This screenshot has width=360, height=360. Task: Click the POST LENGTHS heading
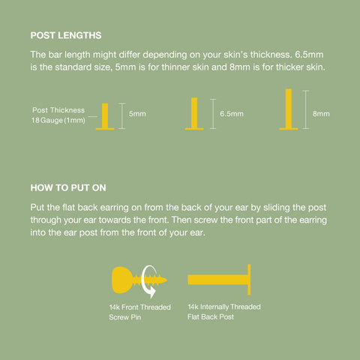tap(66, 35)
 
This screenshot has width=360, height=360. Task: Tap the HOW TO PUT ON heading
tap(68, 188)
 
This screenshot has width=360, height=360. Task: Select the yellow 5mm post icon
tap(105, 116)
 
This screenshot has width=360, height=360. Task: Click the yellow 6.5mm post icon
tap(194, 113)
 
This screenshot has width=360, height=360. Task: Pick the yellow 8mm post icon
tap(289, 109)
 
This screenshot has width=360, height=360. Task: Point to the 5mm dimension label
tap(137, 114)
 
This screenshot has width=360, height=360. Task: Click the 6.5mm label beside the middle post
tap(232, 114)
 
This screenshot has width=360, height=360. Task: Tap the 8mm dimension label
tap(321, 114)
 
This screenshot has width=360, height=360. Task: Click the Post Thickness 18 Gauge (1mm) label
tap(58, 115)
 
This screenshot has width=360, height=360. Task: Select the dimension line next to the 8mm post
tap(306, 109)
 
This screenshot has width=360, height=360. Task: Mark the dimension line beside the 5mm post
tap(121, 116)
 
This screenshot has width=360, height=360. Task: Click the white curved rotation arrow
tap(148, 281)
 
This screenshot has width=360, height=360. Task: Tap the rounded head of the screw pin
tap(122, 280)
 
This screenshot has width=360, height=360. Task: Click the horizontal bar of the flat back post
tap(217, 280)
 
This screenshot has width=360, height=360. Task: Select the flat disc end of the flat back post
tap(249, 280)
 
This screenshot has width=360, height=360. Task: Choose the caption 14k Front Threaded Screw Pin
tap(139, 312)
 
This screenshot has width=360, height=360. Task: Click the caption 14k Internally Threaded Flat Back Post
tap(224, 312)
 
